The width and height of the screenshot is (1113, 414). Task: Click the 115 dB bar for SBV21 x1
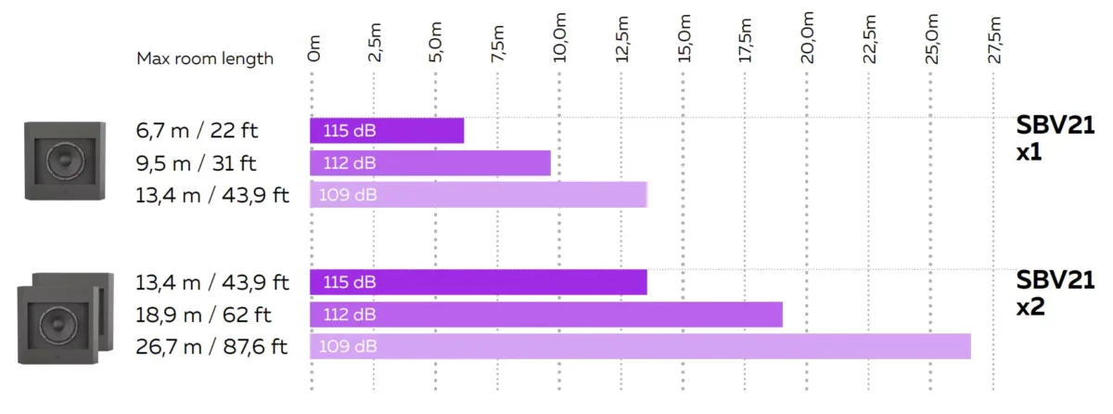point(387,131)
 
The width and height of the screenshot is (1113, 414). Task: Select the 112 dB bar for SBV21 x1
point(430,163)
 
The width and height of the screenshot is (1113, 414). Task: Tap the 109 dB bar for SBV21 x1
point(478,195)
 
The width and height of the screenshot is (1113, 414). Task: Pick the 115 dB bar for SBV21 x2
point(478,282)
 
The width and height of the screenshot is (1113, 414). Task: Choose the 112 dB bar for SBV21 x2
point(546,315)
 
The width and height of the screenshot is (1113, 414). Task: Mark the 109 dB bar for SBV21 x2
point(640,346)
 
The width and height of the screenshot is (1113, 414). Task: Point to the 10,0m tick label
point(559,38)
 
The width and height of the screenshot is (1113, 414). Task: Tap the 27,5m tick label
point(994,38)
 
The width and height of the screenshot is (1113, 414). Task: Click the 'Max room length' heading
point(205,58)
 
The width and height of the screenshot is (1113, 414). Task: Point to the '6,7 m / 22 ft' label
point(197,131)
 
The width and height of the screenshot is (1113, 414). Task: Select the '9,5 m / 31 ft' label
point(197,163)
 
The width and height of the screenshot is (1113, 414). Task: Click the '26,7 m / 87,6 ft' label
point(211,347)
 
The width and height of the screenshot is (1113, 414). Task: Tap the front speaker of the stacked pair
point(57,325)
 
